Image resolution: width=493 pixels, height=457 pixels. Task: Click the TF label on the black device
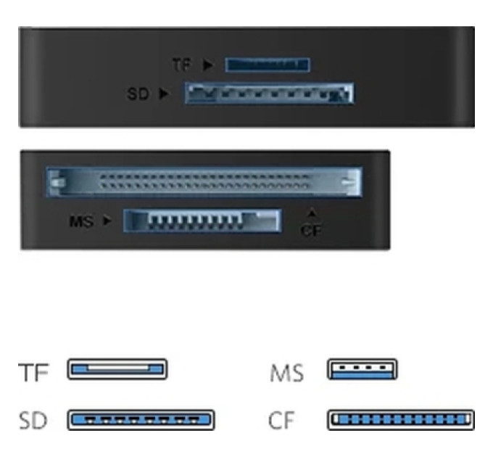[182, 65]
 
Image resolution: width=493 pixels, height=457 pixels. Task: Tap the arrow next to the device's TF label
[208, 65]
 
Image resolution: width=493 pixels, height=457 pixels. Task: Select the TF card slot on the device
[268, 65]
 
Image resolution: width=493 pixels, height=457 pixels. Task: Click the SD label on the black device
[138, 94]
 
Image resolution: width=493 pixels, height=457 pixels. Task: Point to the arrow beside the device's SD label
[164, 94]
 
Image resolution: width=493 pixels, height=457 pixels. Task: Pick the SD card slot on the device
[269, 93]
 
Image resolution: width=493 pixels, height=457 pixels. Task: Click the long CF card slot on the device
[204, 182]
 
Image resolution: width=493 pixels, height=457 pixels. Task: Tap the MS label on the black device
[81, 221]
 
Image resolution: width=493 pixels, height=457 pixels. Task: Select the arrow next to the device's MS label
[107, 221]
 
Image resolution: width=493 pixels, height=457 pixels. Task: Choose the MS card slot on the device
[202, 221]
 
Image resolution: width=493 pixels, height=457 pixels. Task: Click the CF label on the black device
[311, 231]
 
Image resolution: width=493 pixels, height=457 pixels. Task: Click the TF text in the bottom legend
[33, 372]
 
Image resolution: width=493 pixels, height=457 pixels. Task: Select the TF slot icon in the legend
[117, 369]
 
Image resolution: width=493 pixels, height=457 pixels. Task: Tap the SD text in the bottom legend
[33, 420]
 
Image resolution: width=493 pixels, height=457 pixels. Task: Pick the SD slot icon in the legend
[141, 420]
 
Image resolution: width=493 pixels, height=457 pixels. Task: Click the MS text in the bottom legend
[287, 373]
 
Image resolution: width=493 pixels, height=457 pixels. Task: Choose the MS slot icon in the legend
[362, 369]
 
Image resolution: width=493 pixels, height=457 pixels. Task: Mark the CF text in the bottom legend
[281, 420]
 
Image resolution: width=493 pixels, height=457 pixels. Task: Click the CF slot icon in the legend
[401, 420]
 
